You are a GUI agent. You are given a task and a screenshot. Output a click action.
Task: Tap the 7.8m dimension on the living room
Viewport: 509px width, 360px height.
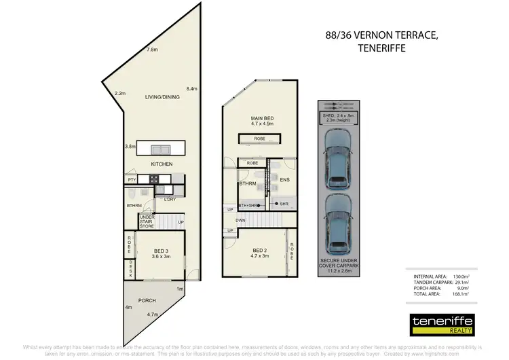[153, 50]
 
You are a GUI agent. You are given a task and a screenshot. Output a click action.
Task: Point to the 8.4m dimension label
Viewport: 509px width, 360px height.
[192, 88]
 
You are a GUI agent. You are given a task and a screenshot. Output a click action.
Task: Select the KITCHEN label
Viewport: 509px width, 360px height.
[162, 164]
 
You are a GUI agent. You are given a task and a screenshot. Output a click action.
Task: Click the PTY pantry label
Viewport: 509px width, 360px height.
[132, 179]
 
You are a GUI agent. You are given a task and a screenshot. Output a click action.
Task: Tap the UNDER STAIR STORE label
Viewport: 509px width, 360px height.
[147, 221]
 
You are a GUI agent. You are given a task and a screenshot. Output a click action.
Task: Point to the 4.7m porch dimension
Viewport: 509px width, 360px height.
[153, 315]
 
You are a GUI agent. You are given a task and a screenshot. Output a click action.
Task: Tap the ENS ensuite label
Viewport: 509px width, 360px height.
[285, 180]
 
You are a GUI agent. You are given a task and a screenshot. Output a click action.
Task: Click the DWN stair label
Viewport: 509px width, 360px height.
[240, 220]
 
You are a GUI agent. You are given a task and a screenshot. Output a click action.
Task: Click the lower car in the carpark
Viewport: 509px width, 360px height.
[337, 225]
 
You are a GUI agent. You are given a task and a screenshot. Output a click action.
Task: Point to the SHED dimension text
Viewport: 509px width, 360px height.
[337, 118]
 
